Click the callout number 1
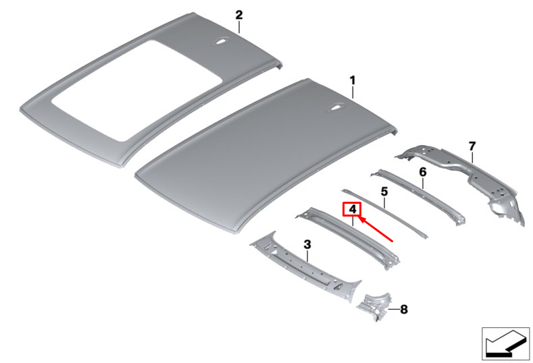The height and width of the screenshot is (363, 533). [352, 80]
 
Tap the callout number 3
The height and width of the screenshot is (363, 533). [307, 244]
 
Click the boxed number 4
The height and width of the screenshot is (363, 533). [352, 210]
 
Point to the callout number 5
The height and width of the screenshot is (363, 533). [384, 192]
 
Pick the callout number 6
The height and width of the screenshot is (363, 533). [423, 172]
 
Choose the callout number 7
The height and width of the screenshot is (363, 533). [472, 146]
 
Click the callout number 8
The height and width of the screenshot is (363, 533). [404, 310]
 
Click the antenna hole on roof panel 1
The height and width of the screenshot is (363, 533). [336, 106]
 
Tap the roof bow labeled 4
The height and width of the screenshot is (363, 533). [351, 236]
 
